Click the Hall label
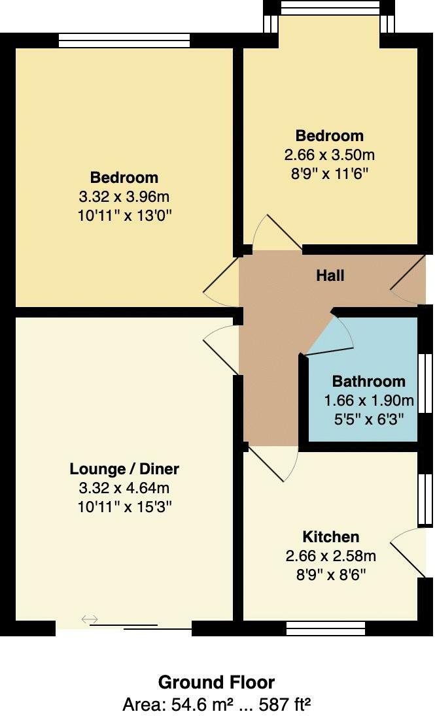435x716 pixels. tap(330, 276)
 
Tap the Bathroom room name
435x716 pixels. tap(369, 382)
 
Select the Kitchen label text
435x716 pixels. tap(330, 537)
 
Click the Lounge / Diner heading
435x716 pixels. tap(124, 469)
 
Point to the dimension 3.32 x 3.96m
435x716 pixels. tap(124, 197)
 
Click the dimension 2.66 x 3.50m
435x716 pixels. tap(330, 155)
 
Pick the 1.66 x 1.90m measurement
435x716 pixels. tap(369, 400)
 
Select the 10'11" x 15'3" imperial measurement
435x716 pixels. tap(124, 506)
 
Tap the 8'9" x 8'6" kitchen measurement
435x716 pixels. tap(330, 575)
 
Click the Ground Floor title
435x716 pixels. tap(217, 683)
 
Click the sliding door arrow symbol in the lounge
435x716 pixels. tap(90, 619)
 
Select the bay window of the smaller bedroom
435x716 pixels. tap(330, 8)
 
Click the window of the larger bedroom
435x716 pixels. tap(124, 41)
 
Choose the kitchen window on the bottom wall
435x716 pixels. tap(326, 628)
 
